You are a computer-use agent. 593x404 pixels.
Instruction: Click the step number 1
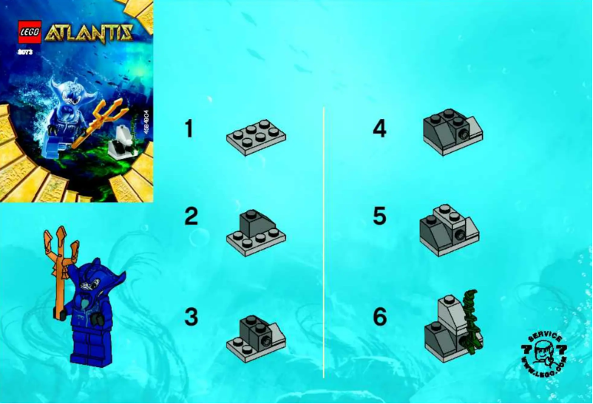189,129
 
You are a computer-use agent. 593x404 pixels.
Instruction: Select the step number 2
192,216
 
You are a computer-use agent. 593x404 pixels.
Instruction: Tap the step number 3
192,317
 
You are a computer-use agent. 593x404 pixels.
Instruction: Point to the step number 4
379,129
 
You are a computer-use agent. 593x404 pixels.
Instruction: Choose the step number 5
379,216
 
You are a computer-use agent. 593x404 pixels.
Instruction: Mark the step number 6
379,317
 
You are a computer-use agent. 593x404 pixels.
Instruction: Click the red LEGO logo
30,32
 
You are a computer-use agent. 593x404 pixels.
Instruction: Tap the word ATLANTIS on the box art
89,32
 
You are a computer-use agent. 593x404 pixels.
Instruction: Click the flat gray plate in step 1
256,137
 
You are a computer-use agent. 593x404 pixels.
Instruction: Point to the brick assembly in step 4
451,132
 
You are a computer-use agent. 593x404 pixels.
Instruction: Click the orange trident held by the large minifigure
57,266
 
